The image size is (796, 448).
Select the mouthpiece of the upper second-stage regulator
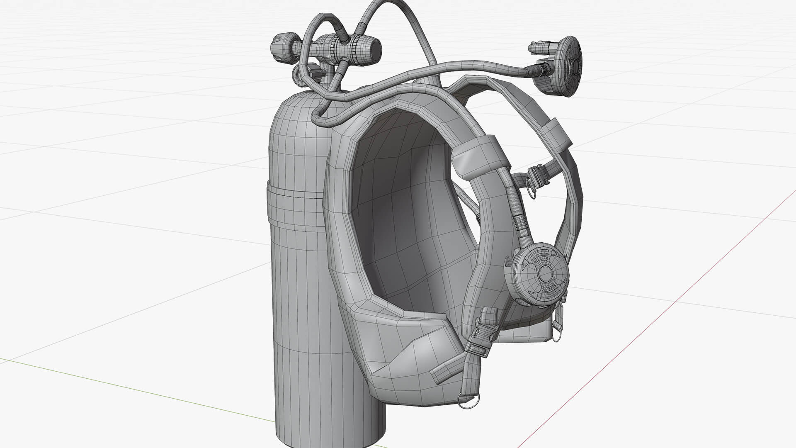(x=539, y=49)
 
